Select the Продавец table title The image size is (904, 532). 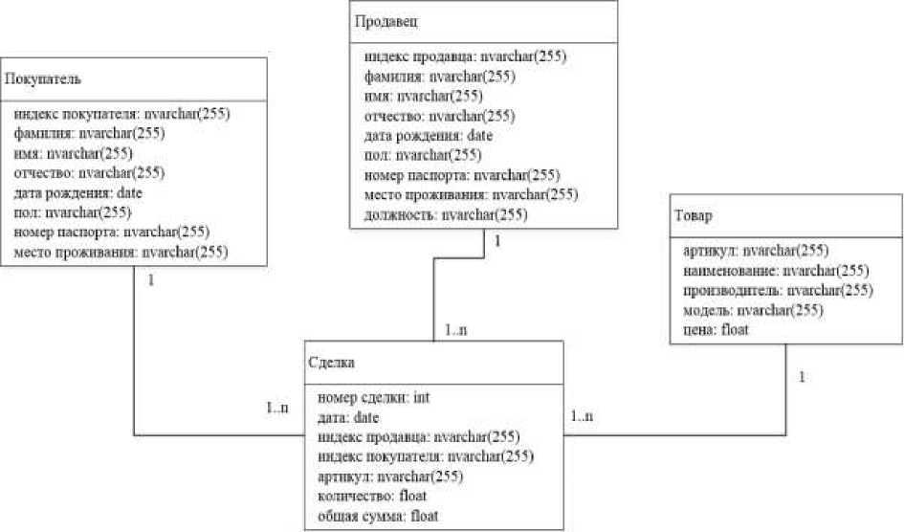point(386,20)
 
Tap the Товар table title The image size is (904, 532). point(692,216)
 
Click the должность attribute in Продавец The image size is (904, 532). point(446,215)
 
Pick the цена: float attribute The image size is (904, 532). point(716,330)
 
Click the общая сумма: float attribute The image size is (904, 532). point(376,517)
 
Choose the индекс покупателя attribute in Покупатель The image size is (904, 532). point(121,113)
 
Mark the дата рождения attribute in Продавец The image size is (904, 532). point(429,136)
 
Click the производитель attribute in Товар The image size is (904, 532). point(778,290)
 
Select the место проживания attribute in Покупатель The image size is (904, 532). point(121,253)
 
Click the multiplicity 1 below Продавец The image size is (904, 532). point(497,241)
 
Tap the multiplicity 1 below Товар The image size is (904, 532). point(801,377)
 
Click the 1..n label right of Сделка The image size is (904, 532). point(582,417)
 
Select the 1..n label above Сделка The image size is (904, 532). point(457,330)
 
